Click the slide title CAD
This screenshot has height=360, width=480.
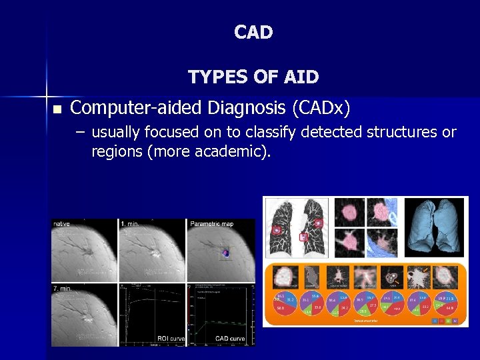pyautogui.click(x=253, y=32)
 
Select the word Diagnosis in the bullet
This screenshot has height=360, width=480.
pyautogui.click(x=239, y=107)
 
